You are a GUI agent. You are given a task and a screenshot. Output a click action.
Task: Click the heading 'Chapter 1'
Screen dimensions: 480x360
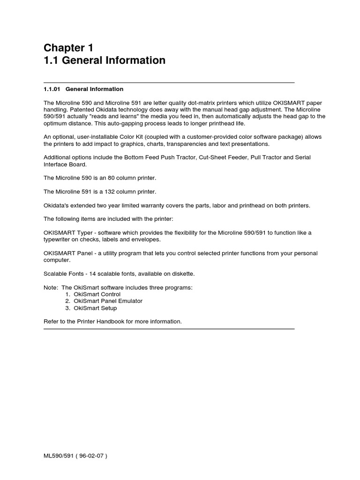[68, 47]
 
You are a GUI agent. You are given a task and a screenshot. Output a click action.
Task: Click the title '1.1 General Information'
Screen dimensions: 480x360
[105, 60]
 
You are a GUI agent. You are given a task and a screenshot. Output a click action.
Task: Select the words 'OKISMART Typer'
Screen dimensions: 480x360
[66, 232]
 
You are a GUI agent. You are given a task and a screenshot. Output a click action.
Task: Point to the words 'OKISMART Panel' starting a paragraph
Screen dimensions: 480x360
[66, 253]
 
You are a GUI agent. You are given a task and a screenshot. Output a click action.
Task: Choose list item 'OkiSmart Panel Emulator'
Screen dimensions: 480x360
[108, 301]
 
